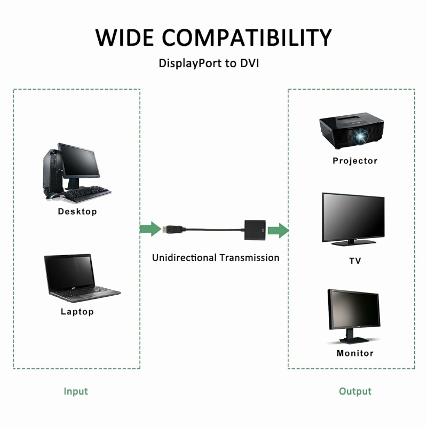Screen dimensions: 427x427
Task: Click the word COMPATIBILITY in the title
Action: (x=247, y=37)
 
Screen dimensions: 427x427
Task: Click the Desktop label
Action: (x=77, y=211)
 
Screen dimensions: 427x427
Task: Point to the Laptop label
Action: (x=77, y=312)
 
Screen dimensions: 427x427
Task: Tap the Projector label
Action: (x=355, y=161)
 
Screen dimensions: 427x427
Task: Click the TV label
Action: (x=355, y=261)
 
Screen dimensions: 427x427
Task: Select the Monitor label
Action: (x=355, y=353)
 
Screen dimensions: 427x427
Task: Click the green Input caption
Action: (x=76, y=391)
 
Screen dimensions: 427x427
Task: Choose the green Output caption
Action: (x=355, y=391)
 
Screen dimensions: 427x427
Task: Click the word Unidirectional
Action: (x=184, y=258)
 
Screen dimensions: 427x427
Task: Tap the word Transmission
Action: (x=249, y=258)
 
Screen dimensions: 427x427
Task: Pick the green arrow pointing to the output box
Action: (x=278, y=231)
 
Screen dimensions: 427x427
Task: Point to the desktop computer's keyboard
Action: (x=88, y=191)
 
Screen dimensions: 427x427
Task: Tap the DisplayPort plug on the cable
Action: (x=172, y=230)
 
